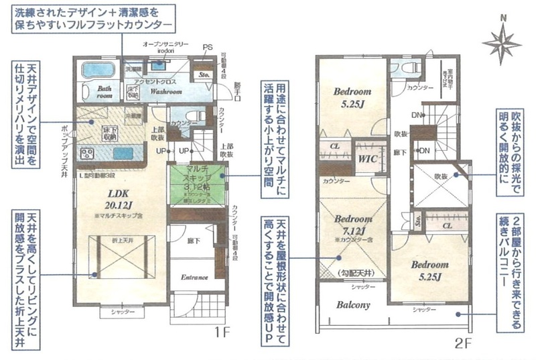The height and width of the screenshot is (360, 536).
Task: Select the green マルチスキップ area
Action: tap(198, 183)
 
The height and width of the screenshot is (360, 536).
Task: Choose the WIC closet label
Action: tap(366, 159)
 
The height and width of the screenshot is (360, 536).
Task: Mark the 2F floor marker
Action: tap(462, 347)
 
